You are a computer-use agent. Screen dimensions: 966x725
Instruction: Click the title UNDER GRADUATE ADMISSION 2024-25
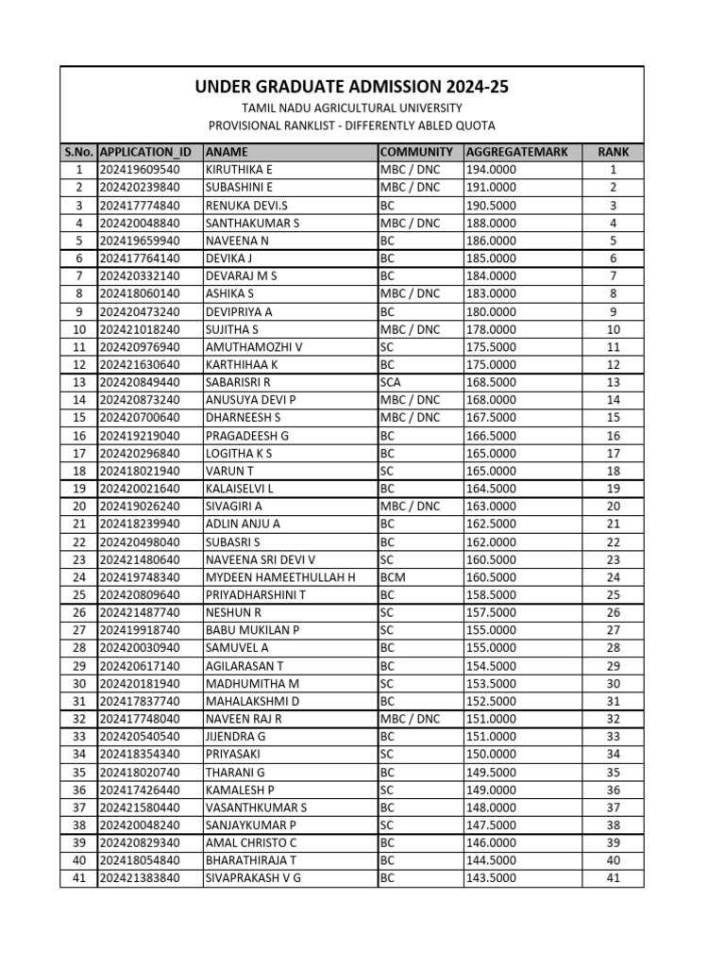(351, 88)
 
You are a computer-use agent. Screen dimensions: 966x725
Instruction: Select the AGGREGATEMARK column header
(516, 152)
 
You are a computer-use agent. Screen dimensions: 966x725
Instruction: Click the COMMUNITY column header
(415, 152)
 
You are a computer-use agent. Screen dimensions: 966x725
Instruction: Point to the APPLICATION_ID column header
(145, 152)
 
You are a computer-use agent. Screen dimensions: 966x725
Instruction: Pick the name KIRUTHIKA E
(239, 170)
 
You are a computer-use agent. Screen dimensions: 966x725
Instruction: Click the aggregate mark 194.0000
(491, 170)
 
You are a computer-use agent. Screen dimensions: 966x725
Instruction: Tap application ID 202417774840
(139, 205)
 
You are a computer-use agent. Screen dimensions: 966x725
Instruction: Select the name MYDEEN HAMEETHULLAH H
(280, 577)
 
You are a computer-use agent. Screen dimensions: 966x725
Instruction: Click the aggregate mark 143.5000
(491, 879)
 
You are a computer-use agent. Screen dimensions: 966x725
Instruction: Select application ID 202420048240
(139, 825)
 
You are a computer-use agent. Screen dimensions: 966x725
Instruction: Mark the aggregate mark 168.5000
(491, 382)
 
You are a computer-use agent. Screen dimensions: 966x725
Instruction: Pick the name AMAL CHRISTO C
(251, 843)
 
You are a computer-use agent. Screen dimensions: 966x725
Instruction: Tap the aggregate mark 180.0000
(491, 311)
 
